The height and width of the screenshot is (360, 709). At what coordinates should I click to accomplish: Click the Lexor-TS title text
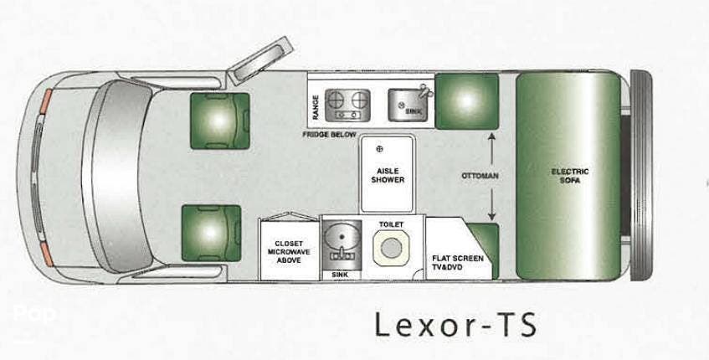coord(455,325)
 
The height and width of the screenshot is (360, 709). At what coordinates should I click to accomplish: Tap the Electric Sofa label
coord(570,176)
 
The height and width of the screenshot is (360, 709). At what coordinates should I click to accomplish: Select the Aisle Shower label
coord(388,176)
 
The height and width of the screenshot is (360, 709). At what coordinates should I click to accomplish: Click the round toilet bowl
coord(391,248)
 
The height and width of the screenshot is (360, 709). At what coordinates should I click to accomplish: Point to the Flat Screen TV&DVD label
coord(458,263)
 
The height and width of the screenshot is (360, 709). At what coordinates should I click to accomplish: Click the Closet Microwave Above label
coord(289,251)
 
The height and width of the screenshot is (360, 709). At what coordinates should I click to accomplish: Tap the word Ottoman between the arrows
coord(480,176)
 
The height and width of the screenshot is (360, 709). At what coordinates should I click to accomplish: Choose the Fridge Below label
coord(329,135)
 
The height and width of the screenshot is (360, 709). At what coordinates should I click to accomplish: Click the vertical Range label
coord(316,107)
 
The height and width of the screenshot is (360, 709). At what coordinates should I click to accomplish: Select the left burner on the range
coord(336,100)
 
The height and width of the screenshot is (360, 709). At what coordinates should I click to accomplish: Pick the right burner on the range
coord(360,100)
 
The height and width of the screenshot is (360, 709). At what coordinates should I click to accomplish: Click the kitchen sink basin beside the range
coord(406,105)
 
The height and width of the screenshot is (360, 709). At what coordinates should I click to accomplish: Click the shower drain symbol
coord(379,149)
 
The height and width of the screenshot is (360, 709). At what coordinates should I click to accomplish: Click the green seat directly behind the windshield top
coord(220,121)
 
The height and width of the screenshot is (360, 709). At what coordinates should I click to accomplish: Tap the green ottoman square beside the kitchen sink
coord(466,101)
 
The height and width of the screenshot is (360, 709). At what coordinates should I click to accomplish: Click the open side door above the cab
coord(259,60)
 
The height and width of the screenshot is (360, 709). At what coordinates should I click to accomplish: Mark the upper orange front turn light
coord(46,101)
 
